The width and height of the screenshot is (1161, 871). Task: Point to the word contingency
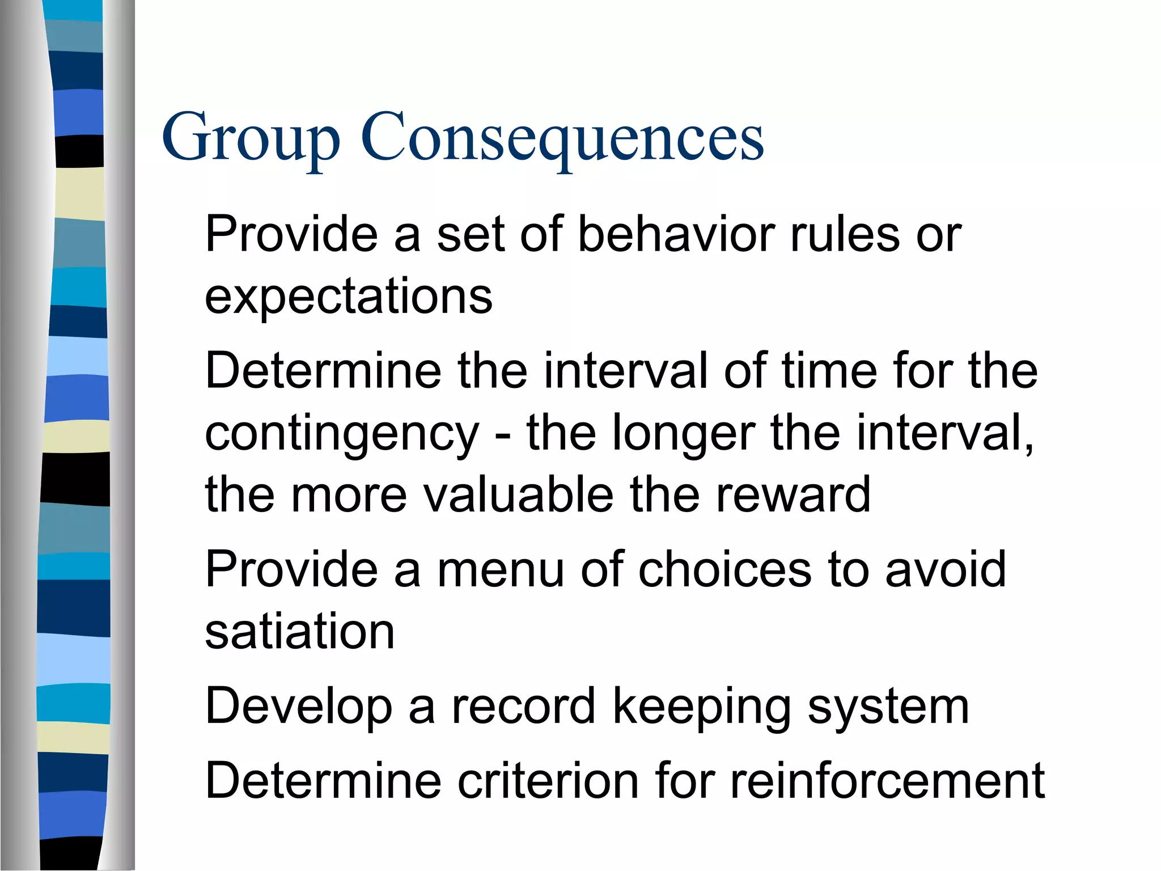[342, 434]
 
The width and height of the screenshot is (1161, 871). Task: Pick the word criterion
[548, 781]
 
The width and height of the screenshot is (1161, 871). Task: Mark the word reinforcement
[887, 781]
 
